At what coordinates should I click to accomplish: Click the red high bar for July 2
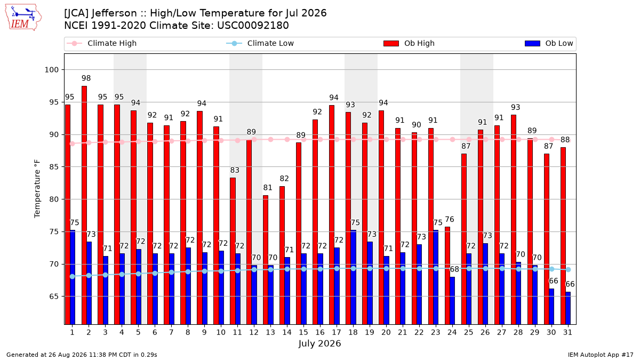click(84, 205)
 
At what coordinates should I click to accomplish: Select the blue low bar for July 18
click(354, 277)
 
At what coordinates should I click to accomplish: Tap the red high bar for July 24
click(447, 276)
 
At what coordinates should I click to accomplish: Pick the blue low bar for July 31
click(568, 308)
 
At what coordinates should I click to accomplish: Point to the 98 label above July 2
click(86, 78)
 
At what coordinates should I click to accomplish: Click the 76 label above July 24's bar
click(450, 219)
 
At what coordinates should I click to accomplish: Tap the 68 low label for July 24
click(454, 269)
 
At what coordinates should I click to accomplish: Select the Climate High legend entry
click(102, 43)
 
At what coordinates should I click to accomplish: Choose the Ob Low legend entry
click(549, 43)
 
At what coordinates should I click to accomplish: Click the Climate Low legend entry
click(260, 43)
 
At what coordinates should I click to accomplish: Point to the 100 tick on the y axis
click(51, 70)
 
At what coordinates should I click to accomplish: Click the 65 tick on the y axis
click(54, 297)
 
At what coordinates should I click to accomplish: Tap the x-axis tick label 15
click(303, 332)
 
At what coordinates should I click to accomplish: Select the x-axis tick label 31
click(567, 332)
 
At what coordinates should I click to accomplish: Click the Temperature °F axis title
click(37, 189)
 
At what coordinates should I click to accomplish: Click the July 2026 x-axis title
click(319, 343)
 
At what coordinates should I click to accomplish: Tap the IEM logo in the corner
click(23, 18)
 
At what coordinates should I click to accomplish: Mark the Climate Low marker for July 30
click(551, 269)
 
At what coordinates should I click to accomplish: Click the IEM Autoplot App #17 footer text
click(601, 355)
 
